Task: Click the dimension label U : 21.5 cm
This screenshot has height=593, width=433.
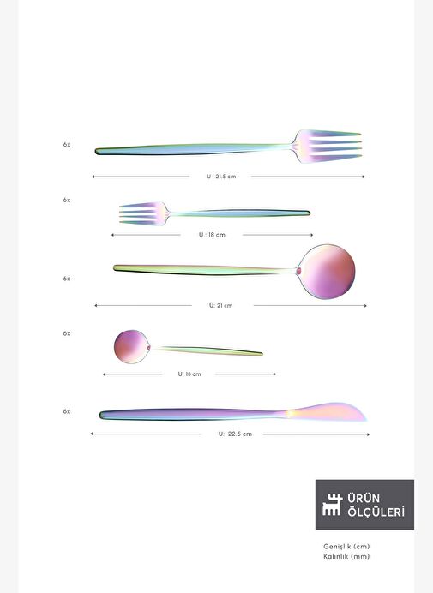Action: coord(221,177)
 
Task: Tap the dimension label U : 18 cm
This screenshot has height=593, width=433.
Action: coord(212,235)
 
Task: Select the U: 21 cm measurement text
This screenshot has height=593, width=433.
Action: coord(221,306)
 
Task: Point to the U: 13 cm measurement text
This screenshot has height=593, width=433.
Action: coord(189,374)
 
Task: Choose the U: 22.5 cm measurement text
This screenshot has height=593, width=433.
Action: coord(235,434)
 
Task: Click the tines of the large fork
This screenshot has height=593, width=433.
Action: coord(331,146)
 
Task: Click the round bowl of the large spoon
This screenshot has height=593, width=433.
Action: coord(327,272)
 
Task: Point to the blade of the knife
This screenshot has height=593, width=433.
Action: coord(326,412)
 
